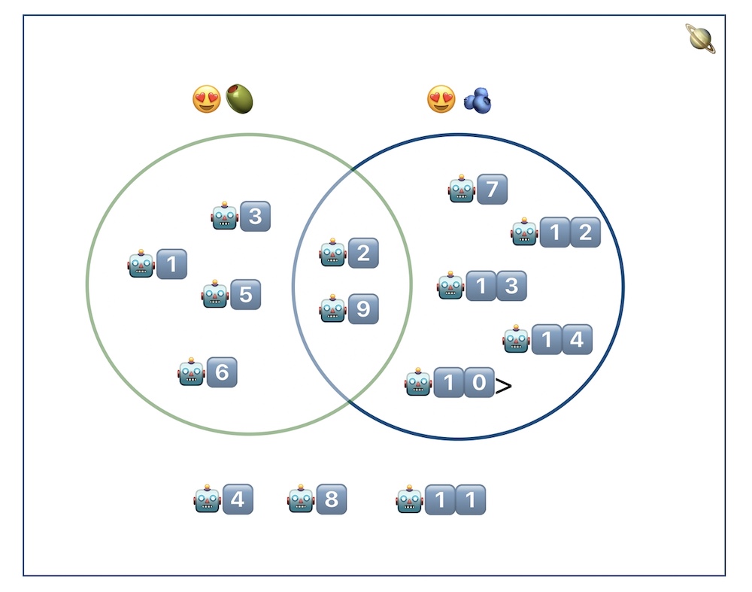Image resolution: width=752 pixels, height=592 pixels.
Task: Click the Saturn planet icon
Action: pos(700,38)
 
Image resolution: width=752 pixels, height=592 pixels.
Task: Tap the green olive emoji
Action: pos(240,99)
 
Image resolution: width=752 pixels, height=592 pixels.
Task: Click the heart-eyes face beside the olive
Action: pos(207,99)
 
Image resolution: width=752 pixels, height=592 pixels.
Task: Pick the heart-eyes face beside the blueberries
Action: pos(441,99)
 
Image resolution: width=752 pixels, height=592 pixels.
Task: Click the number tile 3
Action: pos(256,217)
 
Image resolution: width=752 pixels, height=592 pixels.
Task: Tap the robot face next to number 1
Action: pos(141,264)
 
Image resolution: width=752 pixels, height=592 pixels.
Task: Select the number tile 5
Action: pos(246,294)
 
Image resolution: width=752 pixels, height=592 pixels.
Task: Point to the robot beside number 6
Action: pos(192,372)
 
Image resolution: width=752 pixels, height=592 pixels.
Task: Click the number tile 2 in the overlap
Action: pos(363,253)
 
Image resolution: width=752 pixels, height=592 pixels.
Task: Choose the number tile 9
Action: pos(363,309)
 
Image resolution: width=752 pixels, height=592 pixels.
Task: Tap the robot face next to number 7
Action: pos(462,189)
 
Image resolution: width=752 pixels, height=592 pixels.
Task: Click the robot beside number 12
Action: pos(525,232)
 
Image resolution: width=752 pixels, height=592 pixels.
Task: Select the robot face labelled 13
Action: pos(451,286)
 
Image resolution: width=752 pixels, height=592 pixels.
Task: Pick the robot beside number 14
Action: pos(517,339)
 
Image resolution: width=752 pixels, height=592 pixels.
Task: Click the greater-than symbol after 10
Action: pos(504,386)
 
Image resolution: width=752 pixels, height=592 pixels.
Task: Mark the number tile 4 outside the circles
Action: pos(238,499)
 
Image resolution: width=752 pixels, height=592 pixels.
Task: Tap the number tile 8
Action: pos(332,499)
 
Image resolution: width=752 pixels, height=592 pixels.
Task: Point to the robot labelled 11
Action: pos(410,499)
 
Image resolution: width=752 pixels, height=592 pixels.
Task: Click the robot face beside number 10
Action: pos(418,383)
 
